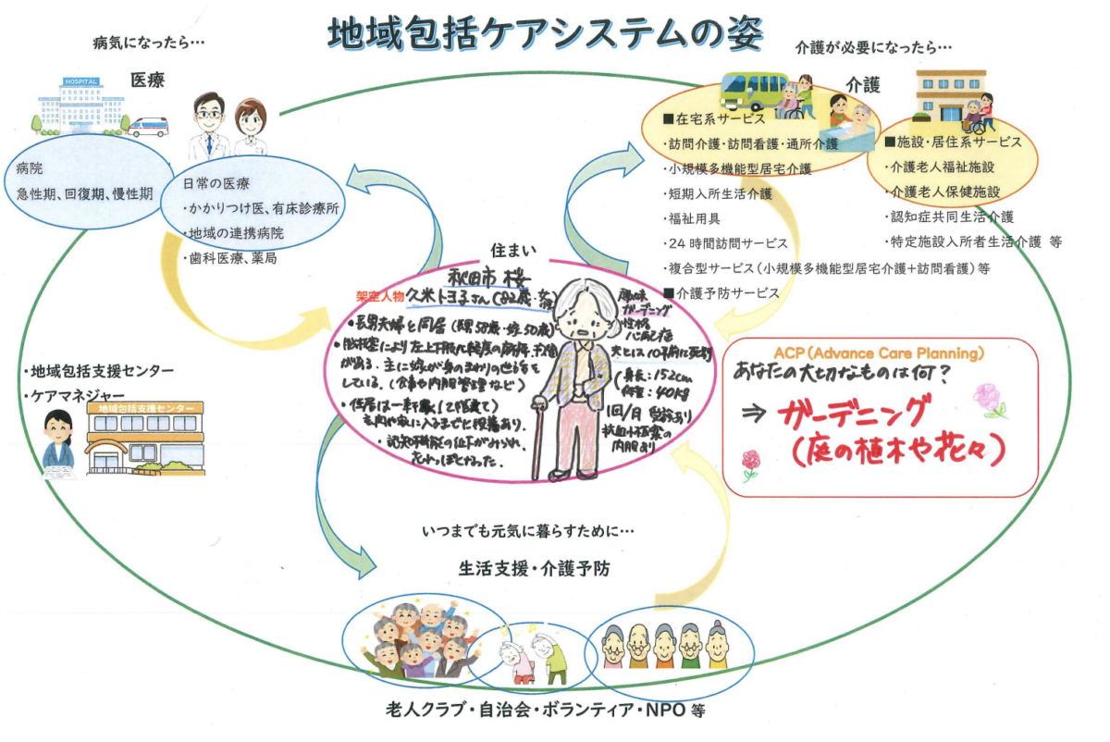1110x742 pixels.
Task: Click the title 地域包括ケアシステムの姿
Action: tap(547, 35)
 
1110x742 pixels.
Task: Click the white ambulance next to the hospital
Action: tap(149, 126)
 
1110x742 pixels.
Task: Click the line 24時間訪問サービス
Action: tap(727, 244)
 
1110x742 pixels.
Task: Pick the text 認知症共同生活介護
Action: tap(950, 216)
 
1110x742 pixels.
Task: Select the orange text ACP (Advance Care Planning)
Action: tap(879, 354)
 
